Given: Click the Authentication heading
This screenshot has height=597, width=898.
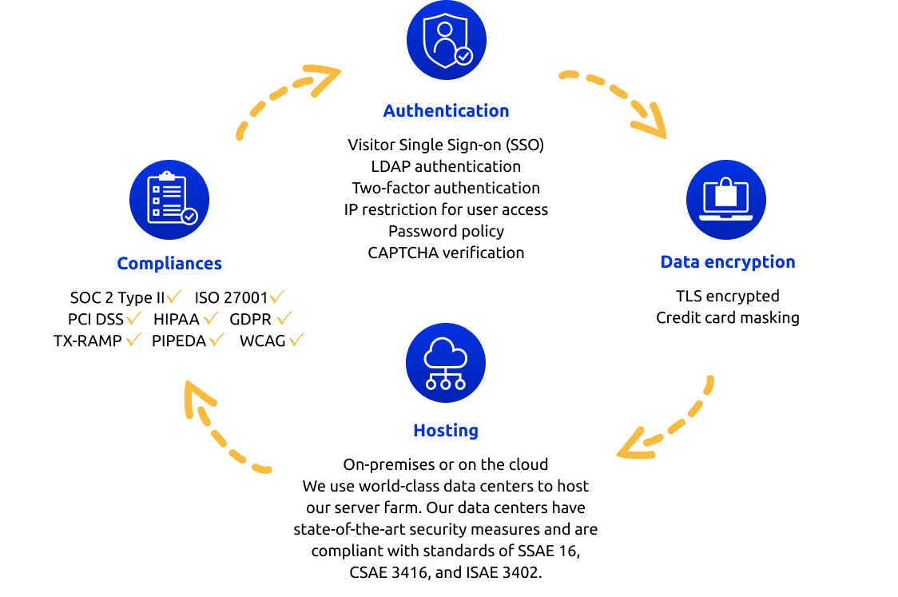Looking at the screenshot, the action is [x=446, y=110].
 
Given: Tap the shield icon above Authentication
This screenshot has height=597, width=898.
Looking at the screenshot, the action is [x=446, y=40].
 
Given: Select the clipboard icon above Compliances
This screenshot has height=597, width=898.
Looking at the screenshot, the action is [x=169, y=199].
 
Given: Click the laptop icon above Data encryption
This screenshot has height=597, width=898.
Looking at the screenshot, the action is [x=726, y=199].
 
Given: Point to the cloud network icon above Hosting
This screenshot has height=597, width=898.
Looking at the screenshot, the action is [x=446, y=363].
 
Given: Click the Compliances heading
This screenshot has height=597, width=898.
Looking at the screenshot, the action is [x=169, y=263].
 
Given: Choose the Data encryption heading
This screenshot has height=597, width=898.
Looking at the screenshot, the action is [x=728, y=262].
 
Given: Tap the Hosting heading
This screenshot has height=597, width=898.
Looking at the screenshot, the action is [x=446, y=430].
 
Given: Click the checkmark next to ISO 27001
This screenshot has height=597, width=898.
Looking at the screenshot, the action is [x=277, y=297].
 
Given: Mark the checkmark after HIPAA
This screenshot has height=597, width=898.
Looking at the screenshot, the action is [x=212, y=317].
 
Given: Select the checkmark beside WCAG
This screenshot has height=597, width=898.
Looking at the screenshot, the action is [x=296, y=339].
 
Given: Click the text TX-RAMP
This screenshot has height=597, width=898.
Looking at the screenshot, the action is [x=88, y=341].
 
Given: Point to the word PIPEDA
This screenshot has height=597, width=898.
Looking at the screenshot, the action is [x=179, y=341].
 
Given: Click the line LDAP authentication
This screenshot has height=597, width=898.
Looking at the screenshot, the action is [x=446, y=166].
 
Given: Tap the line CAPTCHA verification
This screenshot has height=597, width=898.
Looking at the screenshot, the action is [x=446, y=253].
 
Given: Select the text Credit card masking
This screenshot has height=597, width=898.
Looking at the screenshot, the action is [x=728, y=317].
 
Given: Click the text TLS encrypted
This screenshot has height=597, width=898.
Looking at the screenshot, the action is [x=728, y=296].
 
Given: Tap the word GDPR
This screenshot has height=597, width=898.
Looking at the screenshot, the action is [x=250, y=319].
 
